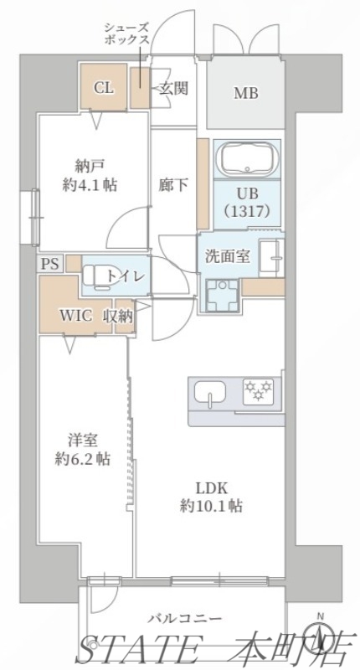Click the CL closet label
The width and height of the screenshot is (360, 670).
(x=105, y=86)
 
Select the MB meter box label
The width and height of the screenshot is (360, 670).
(x=245, y=93)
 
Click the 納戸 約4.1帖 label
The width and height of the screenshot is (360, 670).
(x=89, y=176)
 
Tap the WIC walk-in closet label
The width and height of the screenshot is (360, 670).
(x=76, y=316)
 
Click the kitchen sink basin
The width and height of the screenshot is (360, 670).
(x=209, y=391)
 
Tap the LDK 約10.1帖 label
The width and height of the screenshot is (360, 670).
(x=211, y=496)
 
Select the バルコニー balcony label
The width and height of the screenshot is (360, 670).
(x=185, y=619)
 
